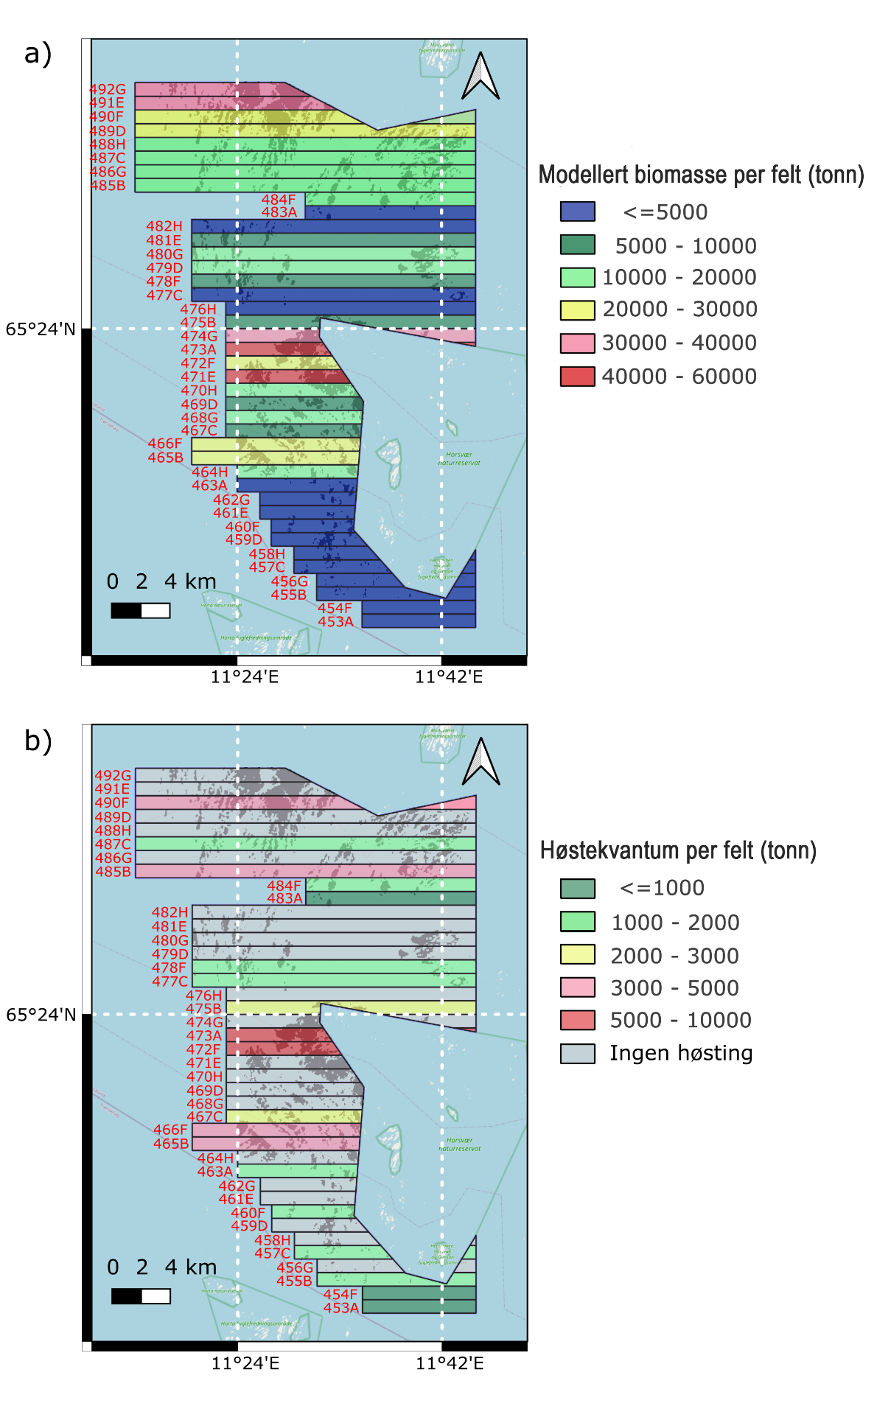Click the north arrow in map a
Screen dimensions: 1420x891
tap(481, 77)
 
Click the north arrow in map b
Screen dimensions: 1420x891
tap(481, 762)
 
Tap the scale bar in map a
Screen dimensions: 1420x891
tap(140, 610)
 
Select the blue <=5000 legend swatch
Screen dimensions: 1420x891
tap(577, 211)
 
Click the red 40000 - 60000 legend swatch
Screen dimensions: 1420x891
tap(577, 376)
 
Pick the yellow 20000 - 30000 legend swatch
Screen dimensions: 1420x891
tap(577, 309)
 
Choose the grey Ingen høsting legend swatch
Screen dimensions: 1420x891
tap(577, 1053)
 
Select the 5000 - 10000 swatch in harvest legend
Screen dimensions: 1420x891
tap(577, 1020)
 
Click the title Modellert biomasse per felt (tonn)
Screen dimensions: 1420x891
tap(701, 175)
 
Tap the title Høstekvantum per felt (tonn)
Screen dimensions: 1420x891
tap(678, 850)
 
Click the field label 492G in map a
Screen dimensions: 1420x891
tap(108, 89)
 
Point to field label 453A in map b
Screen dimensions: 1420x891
tap(341, 1308)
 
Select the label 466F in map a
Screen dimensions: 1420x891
tap(165, 444)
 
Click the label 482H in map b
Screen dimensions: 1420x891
tap(170, 912)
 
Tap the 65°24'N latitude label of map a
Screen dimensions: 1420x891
tap(41, 329)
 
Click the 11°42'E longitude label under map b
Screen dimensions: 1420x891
tap(450, 1363)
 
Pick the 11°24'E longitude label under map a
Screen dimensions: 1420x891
tap(245, 676)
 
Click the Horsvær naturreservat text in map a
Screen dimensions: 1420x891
tap(459, 459)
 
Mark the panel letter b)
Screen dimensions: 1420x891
tap(38, 741)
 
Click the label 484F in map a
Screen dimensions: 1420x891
tap(279, 200)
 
